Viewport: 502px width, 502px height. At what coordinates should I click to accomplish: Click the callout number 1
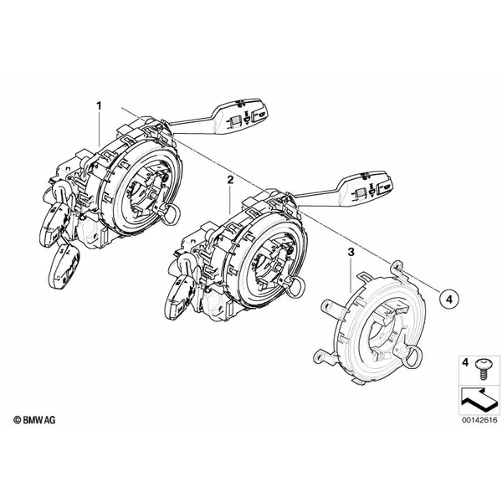point(99,105)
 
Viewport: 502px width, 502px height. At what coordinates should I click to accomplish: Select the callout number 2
point(230,180)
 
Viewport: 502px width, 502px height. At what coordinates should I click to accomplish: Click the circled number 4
point(448,300)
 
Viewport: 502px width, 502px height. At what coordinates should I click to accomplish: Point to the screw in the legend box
point(482,369)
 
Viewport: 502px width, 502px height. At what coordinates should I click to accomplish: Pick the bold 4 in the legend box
point(465,363)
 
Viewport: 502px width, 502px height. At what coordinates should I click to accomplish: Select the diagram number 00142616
point(479,420)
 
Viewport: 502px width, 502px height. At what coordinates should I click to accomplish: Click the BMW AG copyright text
point(34,420)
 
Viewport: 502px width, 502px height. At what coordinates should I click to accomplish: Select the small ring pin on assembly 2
point(297,287)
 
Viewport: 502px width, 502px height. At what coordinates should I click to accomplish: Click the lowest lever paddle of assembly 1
point(64,265)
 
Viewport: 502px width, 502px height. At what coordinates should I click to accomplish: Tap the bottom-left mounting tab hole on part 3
point(320,356)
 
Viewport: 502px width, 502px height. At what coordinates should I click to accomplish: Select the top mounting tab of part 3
point(397,269)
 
